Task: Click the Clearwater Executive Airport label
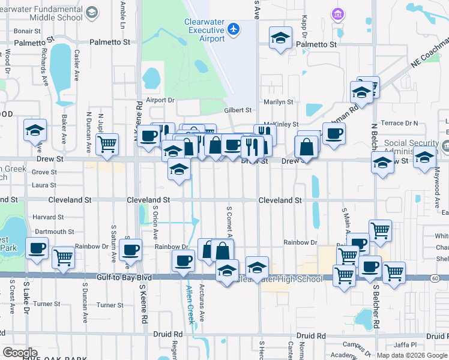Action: pos(203,30)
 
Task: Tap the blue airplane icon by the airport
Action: pos(234,29)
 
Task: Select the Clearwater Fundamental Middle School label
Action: pos(41,13)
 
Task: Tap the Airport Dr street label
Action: pos(159,100)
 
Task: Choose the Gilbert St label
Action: pos(238,110)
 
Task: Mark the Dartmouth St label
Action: pos(54,232)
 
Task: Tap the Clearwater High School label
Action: pos(281,279)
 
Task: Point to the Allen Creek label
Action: pos(190,305)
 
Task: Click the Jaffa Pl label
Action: pos(405,344)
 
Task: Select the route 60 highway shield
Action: pos(434,278)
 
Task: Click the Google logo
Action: pos(20,352)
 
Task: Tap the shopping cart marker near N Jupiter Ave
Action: pos(107,143)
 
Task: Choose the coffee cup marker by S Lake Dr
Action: pos(37,248)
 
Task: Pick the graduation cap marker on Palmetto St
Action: pos(280,37)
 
